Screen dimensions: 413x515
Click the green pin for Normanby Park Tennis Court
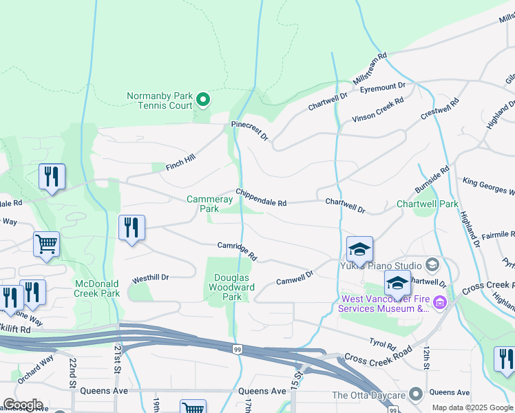(203, 100)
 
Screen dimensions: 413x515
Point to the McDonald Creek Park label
(97, 288)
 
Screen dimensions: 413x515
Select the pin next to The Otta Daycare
(415, 394)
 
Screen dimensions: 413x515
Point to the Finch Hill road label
(181, 162)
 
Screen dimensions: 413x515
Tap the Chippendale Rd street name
(261, 198)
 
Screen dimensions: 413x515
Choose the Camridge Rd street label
(238, 251)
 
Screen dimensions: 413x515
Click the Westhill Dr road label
(150, 278)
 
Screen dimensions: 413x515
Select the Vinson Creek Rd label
(378, 110)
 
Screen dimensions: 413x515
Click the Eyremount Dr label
(383, 87)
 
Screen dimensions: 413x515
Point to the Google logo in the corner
(23, 405)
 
